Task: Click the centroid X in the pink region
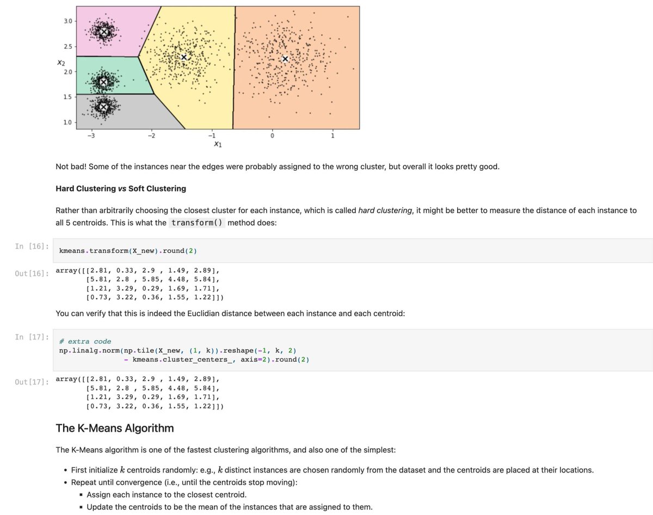point(104,32)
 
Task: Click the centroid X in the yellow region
point(184,57)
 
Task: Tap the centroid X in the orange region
point(285,59)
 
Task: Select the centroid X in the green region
point(103,82)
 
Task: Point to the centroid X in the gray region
point(103,107)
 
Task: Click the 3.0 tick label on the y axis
point(67,21)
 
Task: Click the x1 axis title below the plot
point(218,145)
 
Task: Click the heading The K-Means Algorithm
point(115,428)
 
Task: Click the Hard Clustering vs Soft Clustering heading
point(121,189)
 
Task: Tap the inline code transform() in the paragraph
point(196,223)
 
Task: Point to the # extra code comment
point(85,342)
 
